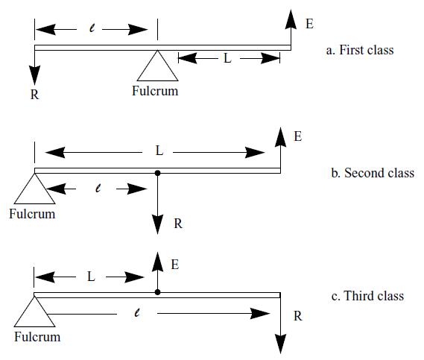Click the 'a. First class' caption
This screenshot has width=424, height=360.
click(x=360, y=50)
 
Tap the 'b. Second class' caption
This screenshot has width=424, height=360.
click(x=373, y=173)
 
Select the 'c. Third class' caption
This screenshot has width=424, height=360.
click(x=368, y=296)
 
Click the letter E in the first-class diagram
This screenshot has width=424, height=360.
click(x=310, y=24)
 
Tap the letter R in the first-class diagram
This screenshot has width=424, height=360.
click(x=34, y=95)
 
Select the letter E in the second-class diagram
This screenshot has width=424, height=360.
click(x=298, y=136)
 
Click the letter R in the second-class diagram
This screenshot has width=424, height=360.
click(x=178, y=224)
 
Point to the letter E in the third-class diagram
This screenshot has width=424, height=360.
click(x=175, y=265)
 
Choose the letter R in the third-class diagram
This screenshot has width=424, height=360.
click(x=298, y=316)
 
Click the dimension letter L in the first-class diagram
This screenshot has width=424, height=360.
click(x=228, y=58)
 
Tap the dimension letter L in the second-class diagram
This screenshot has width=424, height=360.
click(x=159, y=151)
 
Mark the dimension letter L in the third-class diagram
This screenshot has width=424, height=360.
click(x=91, y=277)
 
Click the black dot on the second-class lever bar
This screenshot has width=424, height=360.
click(x=157, y=173)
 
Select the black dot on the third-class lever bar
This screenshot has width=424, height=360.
click(x=157, y=292)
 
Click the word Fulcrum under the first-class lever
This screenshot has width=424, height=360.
click(x=155, y=91)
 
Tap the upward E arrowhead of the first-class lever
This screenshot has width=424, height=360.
click(x=291, y=19)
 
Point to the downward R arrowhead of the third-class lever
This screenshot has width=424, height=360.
click(x=280, y=344)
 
